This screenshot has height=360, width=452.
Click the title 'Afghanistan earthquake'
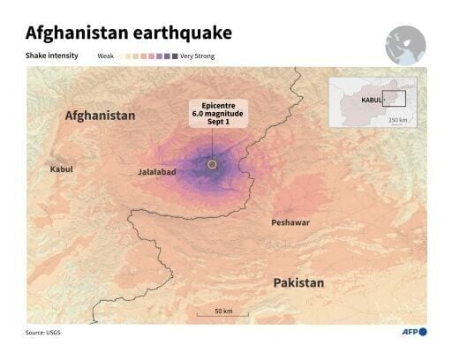129,34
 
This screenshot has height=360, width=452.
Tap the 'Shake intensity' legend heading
51,56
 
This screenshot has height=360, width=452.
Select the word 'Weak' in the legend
106,56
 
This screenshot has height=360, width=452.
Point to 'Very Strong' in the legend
198,56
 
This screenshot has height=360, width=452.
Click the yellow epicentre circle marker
212,164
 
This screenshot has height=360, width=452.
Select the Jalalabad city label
156,172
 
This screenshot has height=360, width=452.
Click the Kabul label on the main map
62,169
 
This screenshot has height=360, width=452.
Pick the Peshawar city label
290,222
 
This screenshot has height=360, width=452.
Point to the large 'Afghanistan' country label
100,116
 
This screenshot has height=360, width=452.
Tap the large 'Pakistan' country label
298,283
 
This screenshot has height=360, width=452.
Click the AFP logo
411,332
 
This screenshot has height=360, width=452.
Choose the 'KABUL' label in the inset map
372,101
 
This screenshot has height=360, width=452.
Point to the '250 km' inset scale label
397,120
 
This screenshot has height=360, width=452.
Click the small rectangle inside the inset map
395,99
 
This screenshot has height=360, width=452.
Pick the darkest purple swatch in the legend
174,56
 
